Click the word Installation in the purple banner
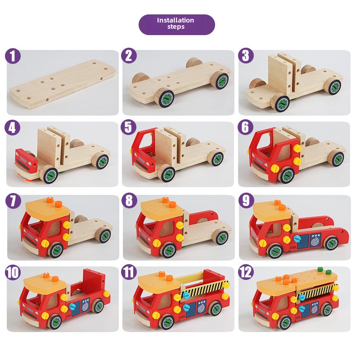(175, 20)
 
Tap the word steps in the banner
(175, 27)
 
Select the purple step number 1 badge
(13, 56)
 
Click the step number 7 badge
(13, 201)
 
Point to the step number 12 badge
(246, 272)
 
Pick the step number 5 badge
(129, 128)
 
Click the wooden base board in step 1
(63, 84)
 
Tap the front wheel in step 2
(164, 97)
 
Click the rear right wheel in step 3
(333, 86)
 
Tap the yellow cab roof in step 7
(48, 209)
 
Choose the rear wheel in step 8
(220, 238)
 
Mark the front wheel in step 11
(167, 321)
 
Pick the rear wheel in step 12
(327, 309)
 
